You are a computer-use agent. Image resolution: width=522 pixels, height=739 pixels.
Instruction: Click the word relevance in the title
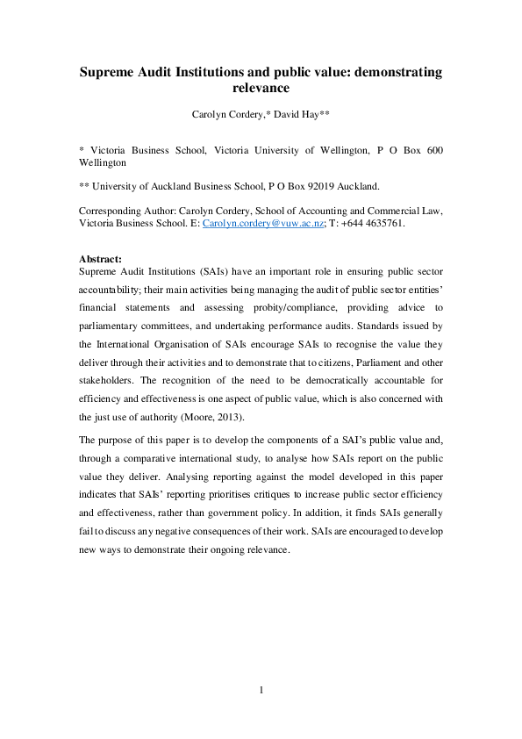tap(261, 88)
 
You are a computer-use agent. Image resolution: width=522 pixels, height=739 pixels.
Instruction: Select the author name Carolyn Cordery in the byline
tap(225, 114)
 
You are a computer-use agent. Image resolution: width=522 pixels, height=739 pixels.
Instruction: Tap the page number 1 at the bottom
tap(261, 690)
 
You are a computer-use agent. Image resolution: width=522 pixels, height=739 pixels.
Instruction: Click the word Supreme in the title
tap(112, 71)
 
